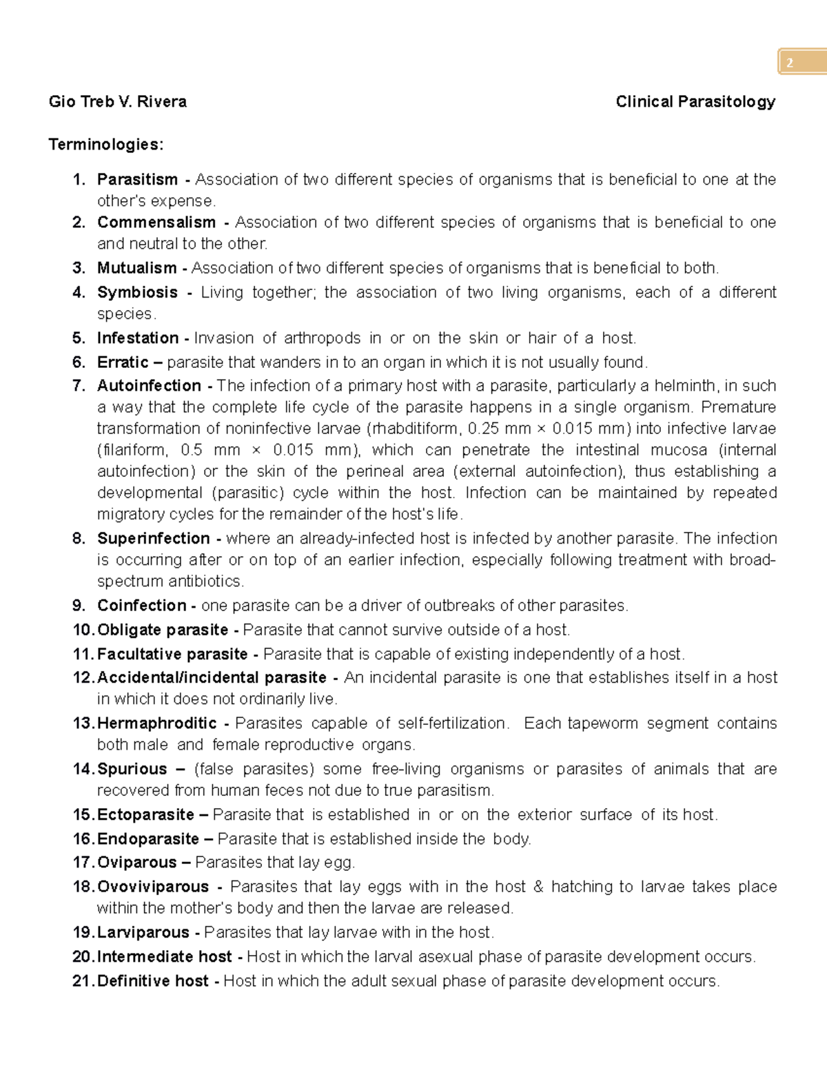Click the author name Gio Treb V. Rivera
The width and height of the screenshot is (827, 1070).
click(x=117, y=102)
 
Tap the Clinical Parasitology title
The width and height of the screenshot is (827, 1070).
click(x=695, y=102)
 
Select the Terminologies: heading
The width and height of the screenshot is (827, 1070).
click(x=106, y=145)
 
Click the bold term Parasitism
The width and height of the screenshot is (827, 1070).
click(x=137, y=180)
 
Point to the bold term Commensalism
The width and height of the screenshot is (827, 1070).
click(x=156, y=223)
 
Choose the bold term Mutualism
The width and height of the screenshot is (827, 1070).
click(x=136, y=268)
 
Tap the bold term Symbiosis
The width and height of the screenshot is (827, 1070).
click(x=137, y=292)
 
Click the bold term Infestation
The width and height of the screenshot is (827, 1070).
click(x=138, y=338)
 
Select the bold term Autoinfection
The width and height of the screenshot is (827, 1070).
click(x=149, y=386)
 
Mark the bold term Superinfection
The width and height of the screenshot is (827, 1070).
click(x=153, y=539)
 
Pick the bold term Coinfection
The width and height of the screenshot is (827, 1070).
click(x=141, y=606)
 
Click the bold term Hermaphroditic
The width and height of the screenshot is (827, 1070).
click(x=156, y=723)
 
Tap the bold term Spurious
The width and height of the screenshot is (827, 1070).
click(x=132, y=769)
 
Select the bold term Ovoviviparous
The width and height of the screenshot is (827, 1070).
click(x=152, y=887)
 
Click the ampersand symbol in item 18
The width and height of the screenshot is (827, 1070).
click(x=538, y=887)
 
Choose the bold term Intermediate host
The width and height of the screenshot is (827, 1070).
click(x=164, y=957)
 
